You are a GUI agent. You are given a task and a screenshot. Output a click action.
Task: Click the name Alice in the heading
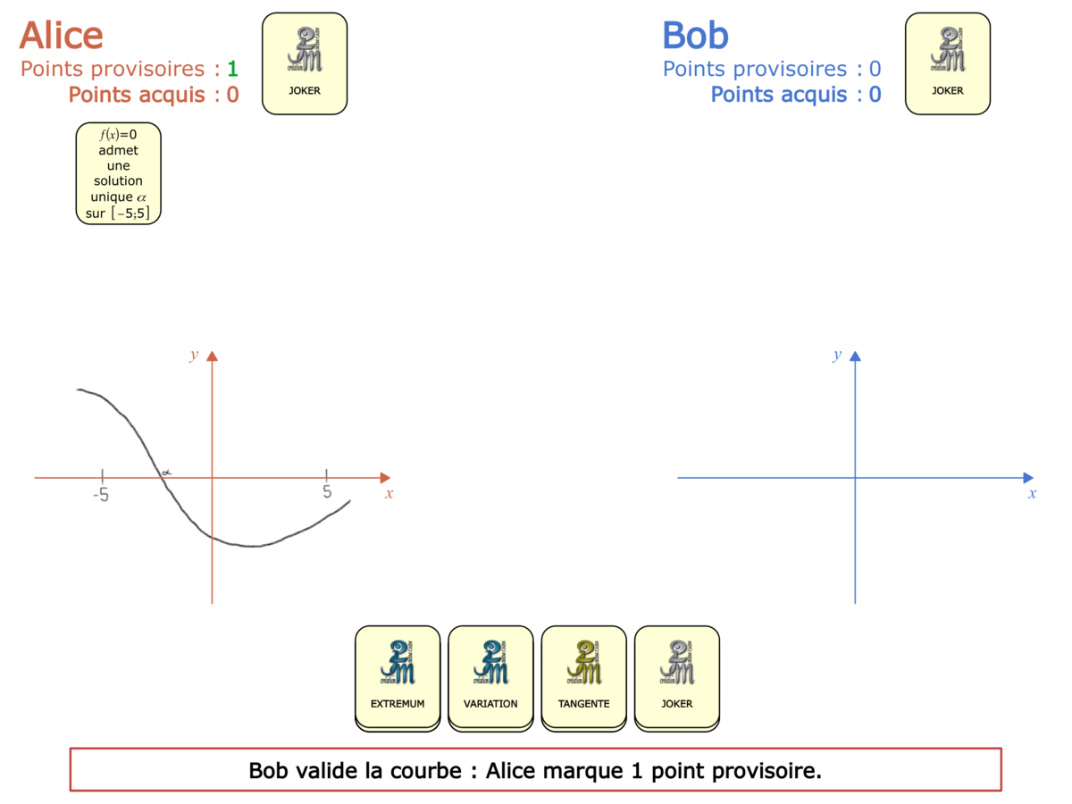(61, 36)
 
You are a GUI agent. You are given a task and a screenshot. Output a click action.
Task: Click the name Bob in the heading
(695, 36)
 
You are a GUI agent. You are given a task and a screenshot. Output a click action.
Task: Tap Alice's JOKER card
(305, 63)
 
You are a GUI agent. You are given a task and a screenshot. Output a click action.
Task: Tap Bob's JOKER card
(948, 63)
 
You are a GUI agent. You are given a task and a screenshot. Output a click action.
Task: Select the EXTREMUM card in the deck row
(398, 676)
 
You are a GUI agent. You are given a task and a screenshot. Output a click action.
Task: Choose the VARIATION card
(490, 676)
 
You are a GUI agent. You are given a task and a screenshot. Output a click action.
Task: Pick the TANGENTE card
(583, 676)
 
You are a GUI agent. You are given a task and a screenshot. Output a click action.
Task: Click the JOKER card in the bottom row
(676, 676)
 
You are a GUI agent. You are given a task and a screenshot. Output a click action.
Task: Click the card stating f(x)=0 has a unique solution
(118, 173)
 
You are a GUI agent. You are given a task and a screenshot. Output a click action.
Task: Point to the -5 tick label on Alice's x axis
(101, 494)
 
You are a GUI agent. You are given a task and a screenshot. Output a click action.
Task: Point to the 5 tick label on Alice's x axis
(327, 492)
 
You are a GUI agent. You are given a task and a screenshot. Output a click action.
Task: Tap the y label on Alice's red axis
(194, 356)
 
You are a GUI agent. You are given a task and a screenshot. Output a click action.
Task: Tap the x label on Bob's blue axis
(1033, 493)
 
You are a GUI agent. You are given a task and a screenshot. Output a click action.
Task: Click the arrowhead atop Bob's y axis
(855, 356)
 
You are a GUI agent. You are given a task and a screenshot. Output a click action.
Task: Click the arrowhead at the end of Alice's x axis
(385, 478)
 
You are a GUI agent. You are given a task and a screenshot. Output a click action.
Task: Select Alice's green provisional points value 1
(232, 69)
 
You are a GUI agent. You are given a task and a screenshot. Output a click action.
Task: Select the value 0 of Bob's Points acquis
(875, 95)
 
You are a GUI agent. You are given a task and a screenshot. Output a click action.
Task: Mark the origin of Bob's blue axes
(855, 478)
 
